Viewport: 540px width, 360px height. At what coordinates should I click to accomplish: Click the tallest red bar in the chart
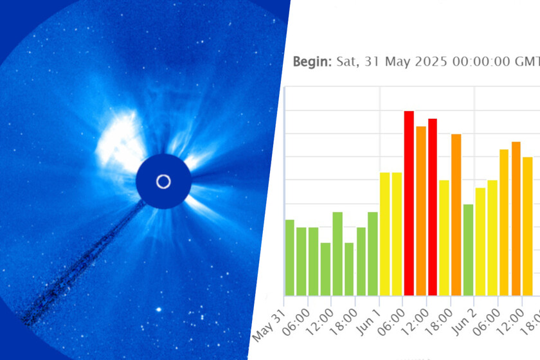[x=409, y=203]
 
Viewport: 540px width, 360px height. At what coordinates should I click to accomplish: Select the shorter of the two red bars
[x=433, y=207]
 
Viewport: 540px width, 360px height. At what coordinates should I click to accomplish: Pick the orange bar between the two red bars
[x=421, y=211]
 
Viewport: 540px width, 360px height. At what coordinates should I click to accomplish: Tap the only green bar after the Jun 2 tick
[x=468, y=250]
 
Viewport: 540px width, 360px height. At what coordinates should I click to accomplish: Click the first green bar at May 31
[x=290, y=258]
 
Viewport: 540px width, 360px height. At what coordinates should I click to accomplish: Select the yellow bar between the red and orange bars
[x=444, y=238]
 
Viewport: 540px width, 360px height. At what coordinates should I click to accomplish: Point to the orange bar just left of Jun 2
[x=456, y=215]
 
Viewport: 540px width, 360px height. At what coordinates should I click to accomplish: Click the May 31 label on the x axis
[x=269, y=325]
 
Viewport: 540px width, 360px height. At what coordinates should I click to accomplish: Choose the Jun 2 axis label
[x=464, y=322]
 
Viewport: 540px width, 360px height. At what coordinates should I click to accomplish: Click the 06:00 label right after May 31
[x=296, y=323]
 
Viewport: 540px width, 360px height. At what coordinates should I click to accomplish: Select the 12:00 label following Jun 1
[x=416, y=323]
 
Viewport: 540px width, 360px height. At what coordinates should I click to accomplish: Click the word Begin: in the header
[x=312, y=62]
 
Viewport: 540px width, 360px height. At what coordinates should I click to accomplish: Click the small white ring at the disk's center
[x=163, y=181]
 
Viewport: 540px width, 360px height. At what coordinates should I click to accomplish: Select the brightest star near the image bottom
[x=159, y=309]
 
